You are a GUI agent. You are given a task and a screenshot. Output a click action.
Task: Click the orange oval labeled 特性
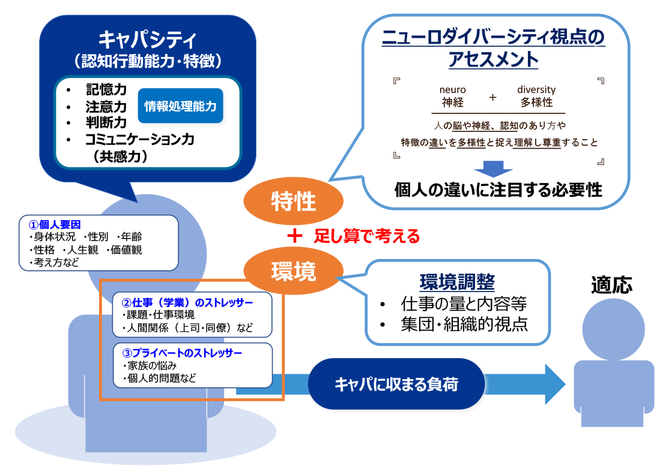[x=293, y=201]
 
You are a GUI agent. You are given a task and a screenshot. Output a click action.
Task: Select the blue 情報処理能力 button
[x=180, y=106]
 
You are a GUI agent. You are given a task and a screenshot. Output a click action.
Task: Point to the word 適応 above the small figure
[x=611, y=285]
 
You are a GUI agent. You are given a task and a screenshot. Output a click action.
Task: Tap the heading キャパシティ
[x=147, y=40]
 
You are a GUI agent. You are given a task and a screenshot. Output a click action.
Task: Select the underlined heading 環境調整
[x=457, y=281]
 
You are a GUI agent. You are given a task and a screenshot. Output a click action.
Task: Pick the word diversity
[x=536, y=90]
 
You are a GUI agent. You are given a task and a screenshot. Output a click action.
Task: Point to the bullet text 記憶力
[x=106, y=90]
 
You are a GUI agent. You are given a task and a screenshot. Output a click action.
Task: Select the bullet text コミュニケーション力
[x=140, y=140]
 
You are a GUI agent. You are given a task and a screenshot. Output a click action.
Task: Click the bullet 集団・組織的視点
[x=464, y=324]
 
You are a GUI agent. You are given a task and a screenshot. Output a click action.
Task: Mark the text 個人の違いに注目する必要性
[x=498, y=190]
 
